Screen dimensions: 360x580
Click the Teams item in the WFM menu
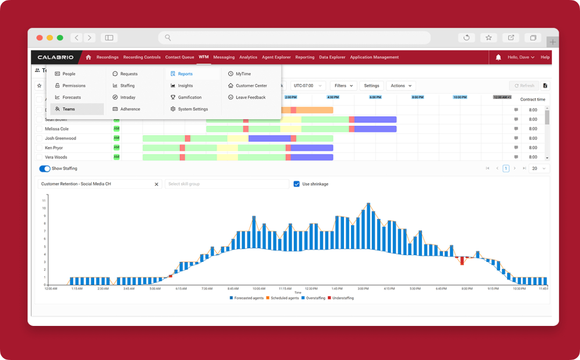68,109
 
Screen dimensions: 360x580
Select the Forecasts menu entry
71,98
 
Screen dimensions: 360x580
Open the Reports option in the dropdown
185,74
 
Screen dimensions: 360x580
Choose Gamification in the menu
189,98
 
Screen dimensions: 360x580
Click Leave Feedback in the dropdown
250,98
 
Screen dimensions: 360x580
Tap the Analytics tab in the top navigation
248,57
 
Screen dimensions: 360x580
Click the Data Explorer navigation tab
332,57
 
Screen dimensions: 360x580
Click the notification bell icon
498,57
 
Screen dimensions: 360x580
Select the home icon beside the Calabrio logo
89,57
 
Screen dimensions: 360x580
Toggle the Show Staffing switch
45,168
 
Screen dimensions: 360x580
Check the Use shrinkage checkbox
297,184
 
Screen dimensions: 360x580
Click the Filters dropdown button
343,86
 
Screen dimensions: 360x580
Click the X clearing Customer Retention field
156,184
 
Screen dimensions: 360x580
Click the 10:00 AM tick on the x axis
259,288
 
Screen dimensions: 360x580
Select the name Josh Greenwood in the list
60,138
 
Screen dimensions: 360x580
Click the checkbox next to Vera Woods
39,157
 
